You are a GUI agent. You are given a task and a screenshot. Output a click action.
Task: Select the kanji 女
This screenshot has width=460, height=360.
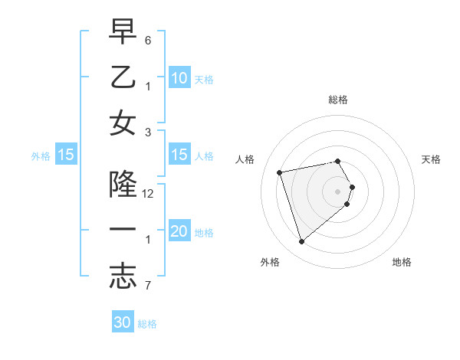pos(123,124)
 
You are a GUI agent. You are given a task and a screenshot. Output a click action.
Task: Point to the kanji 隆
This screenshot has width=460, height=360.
pos(123,184)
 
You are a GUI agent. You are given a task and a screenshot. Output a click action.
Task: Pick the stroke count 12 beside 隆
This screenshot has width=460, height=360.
pos(149,194)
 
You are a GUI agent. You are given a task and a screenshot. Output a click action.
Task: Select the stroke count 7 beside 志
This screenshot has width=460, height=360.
pos(149,286)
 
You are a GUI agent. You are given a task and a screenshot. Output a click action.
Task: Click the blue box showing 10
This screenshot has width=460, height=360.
pos(179,77)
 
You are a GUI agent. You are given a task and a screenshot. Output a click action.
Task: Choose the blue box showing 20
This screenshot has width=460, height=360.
pos(179,231)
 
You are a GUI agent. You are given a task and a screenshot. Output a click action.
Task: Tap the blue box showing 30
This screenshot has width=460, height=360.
pos(123,322)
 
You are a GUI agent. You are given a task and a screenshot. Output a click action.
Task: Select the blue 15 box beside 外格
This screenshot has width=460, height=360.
pos(66,155)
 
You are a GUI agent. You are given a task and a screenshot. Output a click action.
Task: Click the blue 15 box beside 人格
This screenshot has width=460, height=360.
pos(179,155)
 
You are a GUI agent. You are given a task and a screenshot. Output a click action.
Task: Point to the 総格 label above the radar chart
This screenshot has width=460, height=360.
pos(338,100)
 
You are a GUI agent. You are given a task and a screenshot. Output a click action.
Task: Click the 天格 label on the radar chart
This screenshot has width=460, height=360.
pos(432,159)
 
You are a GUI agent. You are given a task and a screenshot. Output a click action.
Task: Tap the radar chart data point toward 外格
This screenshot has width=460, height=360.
pos(302,241)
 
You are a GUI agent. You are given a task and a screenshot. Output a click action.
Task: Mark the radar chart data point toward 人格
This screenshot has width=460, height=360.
pos(280,172)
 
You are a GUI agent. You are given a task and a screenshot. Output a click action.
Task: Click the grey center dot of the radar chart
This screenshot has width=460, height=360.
pos(338,190)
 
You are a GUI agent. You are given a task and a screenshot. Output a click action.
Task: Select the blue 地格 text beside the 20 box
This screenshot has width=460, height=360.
pos(204,233)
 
